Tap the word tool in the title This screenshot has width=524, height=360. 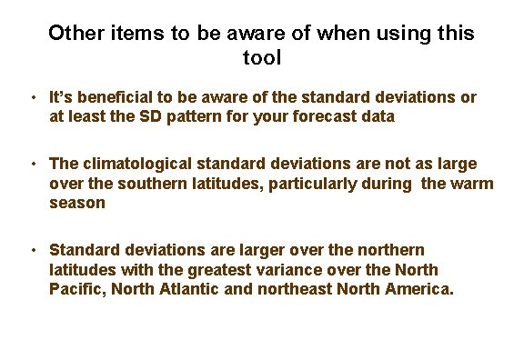pyautogui.click(x=262, y=58)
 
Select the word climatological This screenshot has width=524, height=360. pyautogui.click(x=136, y=164)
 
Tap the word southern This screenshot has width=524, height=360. pyautogui.click(x=136, y=183)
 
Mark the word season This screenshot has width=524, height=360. pyautogui.click(x=77, y=203)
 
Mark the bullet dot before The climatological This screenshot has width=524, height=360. pyautogui.click(x=32, y=165)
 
